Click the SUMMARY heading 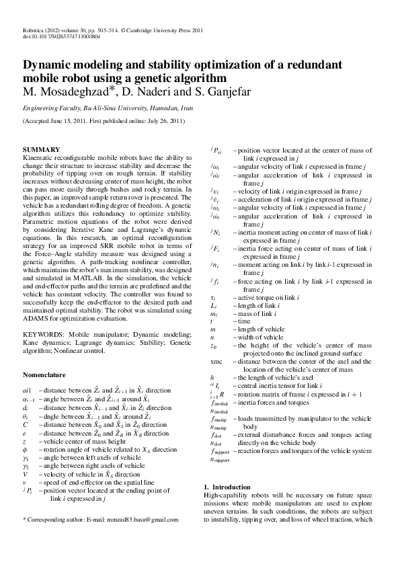[42, 149]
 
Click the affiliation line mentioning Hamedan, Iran [108, 108]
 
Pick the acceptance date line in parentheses [104, 122]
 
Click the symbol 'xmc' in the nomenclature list [216, 361]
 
